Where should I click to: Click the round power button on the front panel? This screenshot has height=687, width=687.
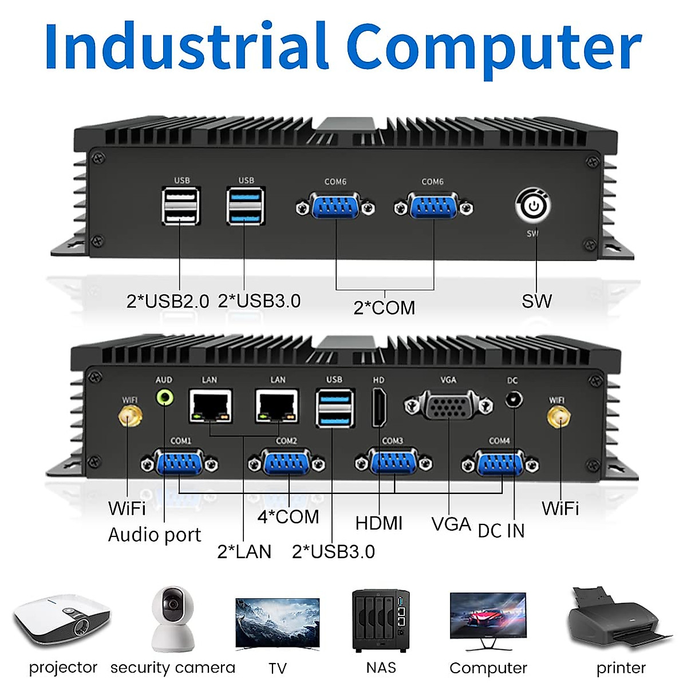532,206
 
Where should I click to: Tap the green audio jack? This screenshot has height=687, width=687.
165,397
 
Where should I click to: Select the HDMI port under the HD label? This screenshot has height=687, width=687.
379,407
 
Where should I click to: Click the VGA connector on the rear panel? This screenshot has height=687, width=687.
448,406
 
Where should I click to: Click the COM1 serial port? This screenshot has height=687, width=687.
180,463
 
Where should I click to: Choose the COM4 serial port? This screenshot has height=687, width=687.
500,463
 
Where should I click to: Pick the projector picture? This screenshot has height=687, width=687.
61,621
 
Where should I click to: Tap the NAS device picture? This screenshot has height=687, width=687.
381,621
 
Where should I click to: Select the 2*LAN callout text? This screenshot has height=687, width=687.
244,551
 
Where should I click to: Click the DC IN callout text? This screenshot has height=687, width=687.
501,531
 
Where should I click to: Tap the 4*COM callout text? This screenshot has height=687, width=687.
288,517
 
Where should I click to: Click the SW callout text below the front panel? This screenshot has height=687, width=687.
536,301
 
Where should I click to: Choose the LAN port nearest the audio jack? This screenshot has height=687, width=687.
211,406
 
